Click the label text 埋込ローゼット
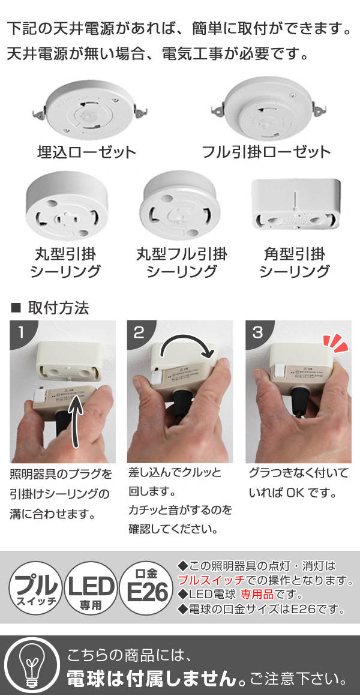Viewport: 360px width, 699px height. click(86, 151)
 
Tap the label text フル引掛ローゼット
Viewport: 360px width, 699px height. click(266, 151)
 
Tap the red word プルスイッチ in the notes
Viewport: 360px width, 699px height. click(210, 581)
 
